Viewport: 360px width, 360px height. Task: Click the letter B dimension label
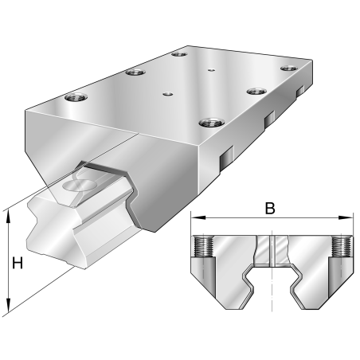pyautogui.click(x=270, y=209)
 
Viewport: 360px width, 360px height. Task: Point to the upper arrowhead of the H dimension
pyautogui.click(x=8, y=213)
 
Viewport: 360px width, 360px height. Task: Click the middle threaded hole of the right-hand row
pyautogui.click(x=256, y=92)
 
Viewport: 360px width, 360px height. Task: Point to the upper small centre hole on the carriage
pyautogui.click(x=211, y=70)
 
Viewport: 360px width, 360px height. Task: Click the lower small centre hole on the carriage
pyautogui.click(x=167, y=93)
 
